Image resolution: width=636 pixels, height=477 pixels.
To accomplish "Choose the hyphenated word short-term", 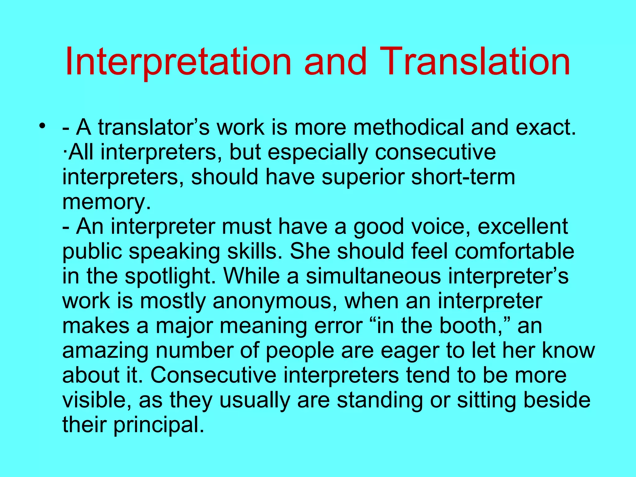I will point(463,177).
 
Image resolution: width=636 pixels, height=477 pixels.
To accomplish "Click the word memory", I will point(104,202).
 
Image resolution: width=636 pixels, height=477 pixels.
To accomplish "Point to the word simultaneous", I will point(373,276).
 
